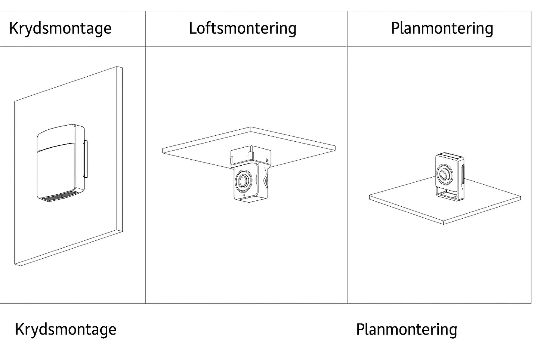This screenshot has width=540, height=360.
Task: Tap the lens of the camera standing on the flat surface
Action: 444,174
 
